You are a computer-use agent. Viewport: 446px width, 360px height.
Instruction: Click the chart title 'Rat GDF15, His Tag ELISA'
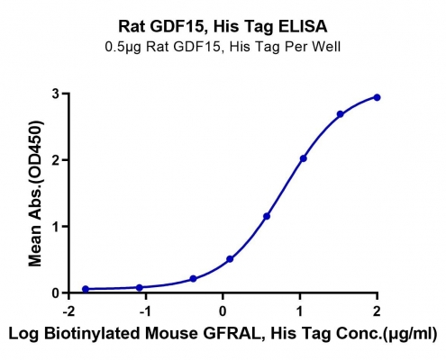point(223,27)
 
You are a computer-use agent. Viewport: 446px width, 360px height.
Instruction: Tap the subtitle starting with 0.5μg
point(223,47)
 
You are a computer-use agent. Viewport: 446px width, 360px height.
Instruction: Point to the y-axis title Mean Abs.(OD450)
point(35,193)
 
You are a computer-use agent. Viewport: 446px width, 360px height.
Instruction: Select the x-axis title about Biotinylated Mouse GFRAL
point(223,334)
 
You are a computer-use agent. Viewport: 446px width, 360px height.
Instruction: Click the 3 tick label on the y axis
point(56,94)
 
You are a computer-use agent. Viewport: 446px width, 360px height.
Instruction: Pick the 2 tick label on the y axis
point(56,160)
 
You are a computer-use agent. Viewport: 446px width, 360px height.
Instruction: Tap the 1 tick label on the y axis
point(56,226)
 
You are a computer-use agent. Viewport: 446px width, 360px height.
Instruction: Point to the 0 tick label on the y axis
point(56,292)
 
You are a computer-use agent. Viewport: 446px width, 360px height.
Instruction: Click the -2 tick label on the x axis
point(69,311)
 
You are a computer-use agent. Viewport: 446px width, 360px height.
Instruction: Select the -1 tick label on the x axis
point(146,311)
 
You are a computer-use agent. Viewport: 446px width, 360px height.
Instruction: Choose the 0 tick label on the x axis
point(223,311)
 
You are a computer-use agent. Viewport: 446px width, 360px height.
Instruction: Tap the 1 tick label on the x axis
point(300,311)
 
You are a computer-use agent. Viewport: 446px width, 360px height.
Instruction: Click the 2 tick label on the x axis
point(377,311)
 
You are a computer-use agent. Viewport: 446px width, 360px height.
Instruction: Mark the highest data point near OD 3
point(377,97)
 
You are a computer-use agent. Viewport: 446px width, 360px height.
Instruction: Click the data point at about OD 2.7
point(341,114)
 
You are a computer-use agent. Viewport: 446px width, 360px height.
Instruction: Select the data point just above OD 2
point(304,158)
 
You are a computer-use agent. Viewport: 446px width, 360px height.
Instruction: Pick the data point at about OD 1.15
point(267,216)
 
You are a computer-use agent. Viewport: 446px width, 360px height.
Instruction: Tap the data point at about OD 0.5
point(230,259)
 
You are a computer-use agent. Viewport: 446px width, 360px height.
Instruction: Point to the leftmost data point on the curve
point(86,289)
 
